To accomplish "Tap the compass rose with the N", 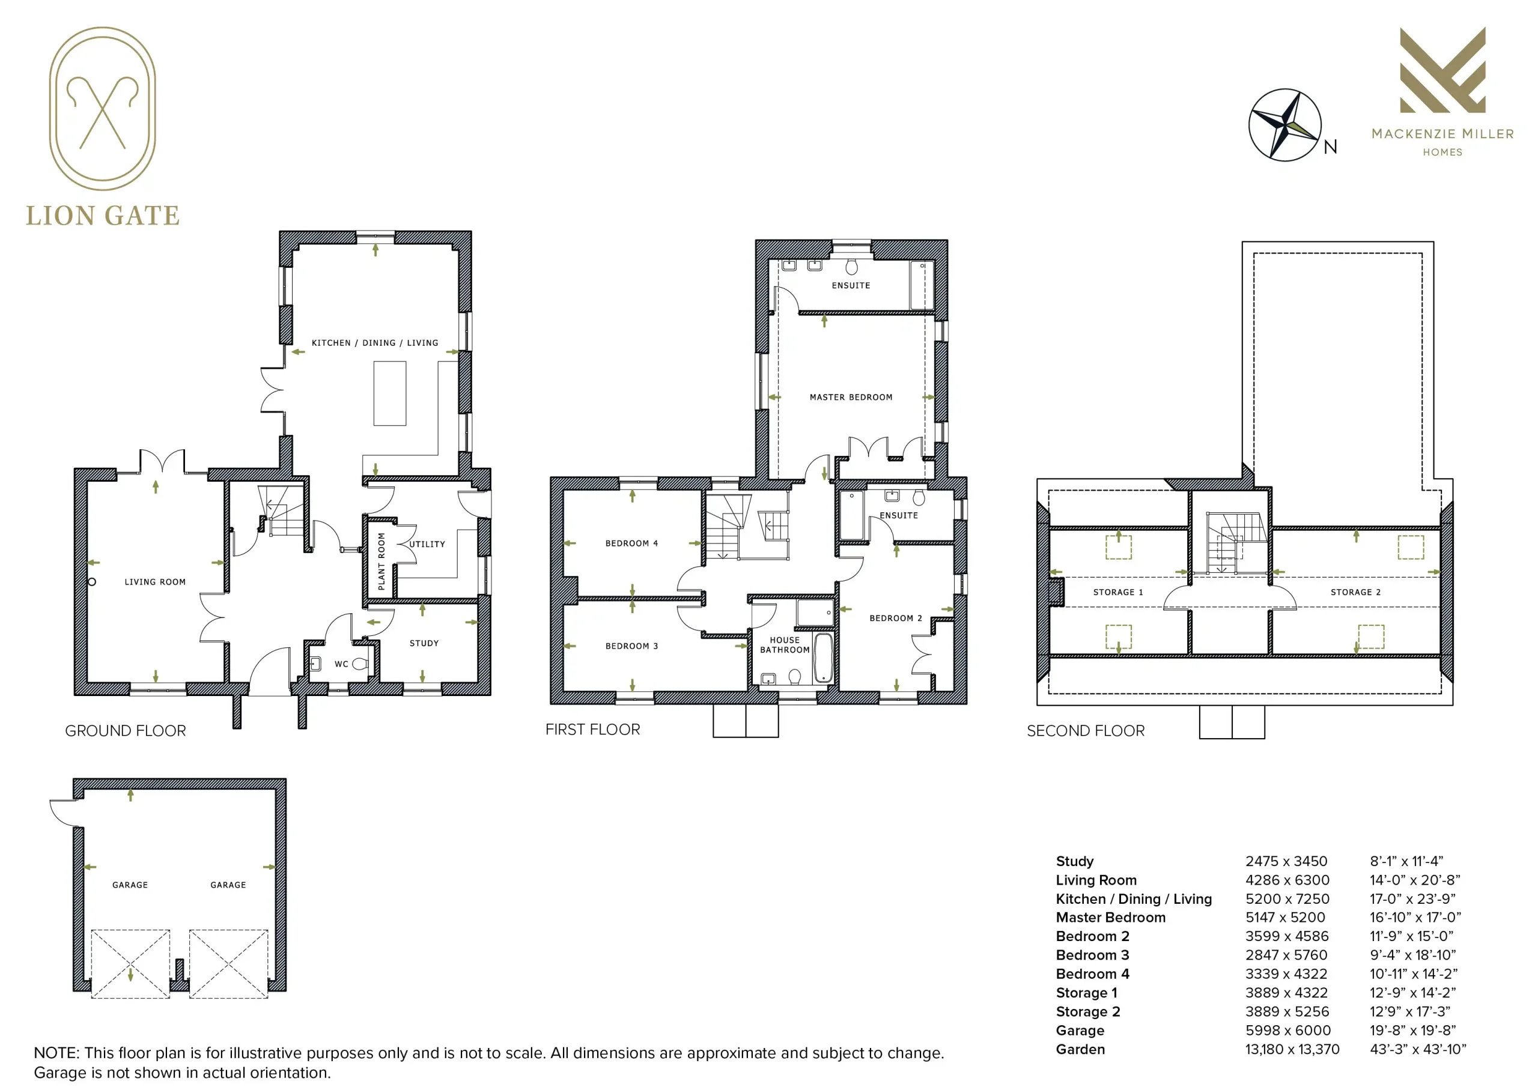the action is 1285,124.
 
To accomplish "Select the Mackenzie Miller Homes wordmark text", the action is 1442,142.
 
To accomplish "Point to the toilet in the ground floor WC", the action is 360,664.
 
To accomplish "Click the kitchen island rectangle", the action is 390,393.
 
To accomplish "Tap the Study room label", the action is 424,643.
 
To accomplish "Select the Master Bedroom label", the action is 851,397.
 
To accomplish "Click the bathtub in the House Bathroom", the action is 823,658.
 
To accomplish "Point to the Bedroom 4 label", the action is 631,543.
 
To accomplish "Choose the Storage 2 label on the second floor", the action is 1355,592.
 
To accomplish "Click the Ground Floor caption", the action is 126,731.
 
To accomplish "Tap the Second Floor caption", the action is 1086,731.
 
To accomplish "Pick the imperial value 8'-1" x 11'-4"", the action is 1406,861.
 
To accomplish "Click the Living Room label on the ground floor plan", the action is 155,582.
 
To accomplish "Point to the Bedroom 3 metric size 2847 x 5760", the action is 1286,955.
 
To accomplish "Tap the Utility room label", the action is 427,544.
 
